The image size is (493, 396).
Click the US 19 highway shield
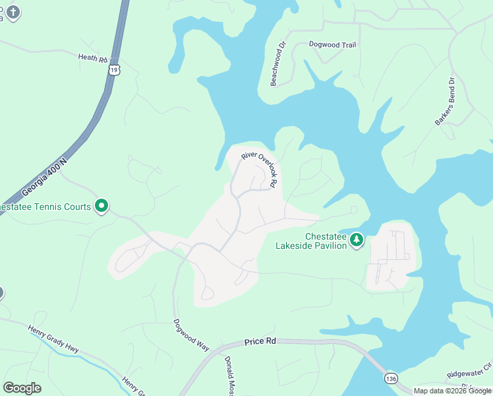tap(115, 69)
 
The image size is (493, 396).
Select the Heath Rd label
tap(93, 59)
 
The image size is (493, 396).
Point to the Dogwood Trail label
tap(332, 44)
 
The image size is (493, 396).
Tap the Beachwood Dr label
tap(278, 65)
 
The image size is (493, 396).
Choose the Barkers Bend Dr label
tap(445, 102)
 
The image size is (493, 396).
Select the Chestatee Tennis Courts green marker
tap(101, 207)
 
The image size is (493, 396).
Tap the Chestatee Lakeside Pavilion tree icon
tap(357, 240)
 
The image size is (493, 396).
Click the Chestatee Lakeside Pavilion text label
tap(316, 242)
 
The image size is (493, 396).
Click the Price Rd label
tap(260, 341)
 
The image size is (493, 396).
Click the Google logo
tap(22, 387)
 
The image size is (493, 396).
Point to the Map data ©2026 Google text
tap(452, 391)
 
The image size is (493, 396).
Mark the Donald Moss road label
tap(229, 376)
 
